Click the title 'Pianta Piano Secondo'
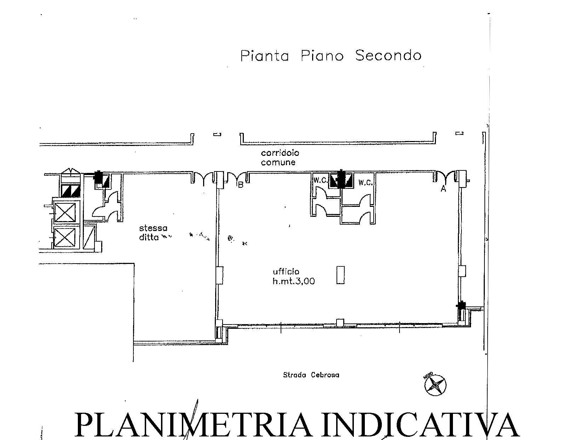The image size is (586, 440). coord(331,56)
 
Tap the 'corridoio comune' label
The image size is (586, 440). coord(280,158)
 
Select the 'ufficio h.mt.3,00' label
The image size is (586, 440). coord(293,277)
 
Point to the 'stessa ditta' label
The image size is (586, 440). coord(153,232)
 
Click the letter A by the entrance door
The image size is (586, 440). coord(443,189)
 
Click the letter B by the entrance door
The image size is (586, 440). coord(240,185)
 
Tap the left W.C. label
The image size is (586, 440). coord(320,180)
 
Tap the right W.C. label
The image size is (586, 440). coord(365,183)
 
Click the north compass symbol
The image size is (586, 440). coord(435,385)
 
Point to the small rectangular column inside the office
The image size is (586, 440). coord(340,275)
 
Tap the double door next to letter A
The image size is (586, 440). coord(445,177)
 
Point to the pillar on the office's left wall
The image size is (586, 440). coord(219,275)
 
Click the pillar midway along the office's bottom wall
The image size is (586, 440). coord(340,322)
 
